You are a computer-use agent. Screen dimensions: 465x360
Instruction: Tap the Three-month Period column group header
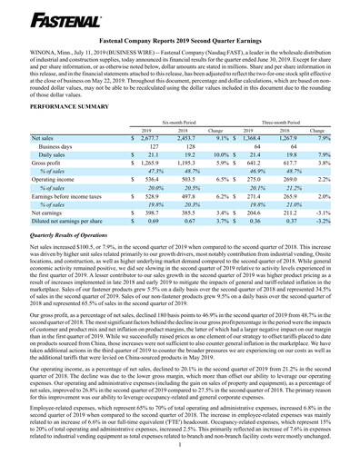click(x=275, y=120)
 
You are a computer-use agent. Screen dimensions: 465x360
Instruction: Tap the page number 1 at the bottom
click(x=180, y=444)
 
